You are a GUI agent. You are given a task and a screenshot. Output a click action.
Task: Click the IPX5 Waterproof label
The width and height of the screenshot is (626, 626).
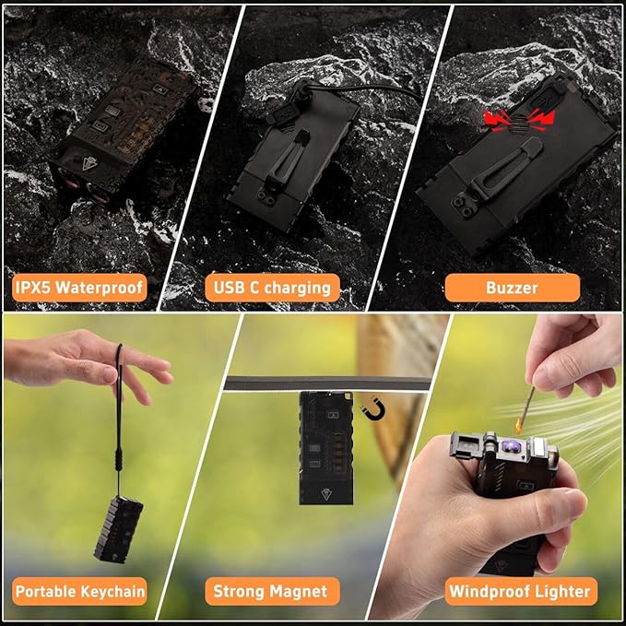79,288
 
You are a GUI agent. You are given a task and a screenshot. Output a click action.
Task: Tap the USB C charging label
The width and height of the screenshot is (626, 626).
272,288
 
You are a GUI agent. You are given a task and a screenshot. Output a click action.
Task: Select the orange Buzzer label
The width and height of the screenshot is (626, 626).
513,288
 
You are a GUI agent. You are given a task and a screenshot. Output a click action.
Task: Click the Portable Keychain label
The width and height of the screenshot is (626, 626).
79,591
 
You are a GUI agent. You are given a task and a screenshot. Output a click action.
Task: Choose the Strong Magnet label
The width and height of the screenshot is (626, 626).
272,591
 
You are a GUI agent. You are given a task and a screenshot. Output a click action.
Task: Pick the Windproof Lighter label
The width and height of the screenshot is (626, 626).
521,591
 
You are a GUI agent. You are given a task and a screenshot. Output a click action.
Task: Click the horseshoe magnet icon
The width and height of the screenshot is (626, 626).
373,411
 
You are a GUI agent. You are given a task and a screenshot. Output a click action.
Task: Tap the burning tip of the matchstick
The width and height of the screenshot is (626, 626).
519,424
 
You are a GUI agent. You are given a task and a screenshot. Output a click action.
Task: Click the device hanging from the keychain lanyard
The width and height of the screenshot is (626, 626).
119,530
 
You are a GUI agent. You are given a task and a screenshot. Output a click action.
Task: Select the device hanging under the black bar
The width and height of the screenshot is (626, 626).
326,448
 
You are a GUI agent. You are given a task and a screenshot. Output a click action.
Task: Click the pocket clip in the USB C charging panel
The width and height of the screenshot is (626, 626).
286,159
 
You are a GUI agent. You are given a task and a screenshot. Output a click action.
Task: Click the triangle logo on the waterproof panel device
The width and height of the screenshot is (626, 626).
89,163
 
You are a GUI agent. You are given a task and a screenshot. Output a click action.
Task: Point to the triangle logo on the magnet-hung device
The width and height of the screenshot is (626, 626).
326,495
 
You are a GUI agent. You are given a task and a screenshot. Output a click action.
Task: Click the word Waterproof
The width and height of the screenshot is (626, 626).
99,288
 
